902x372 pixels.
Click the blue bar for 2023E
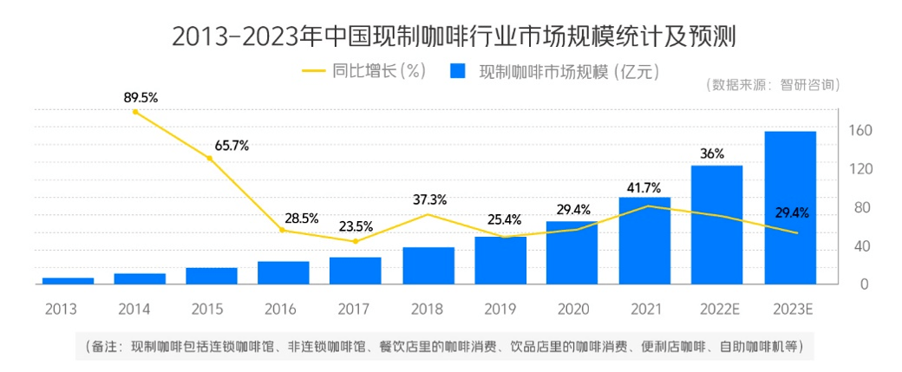tap(789, 208)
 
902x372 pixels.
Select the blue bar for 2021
tap(644, 240)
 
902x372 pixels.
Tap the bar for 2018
tap(428, 265)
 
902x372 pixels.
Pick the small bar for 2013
tap(68, 280)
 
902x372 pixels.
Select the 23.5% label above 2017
tap(355, 226)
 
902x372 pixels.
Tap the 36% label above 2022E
tap(712, 153)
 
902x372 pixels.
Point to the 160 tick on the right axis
tap(860, 130)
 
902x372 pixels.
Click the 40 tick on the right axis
tap(860, 245)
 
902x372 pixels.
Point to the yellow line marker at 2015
tap(209, 158)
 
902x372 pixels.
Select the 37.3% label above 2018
tap(429, 199)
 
